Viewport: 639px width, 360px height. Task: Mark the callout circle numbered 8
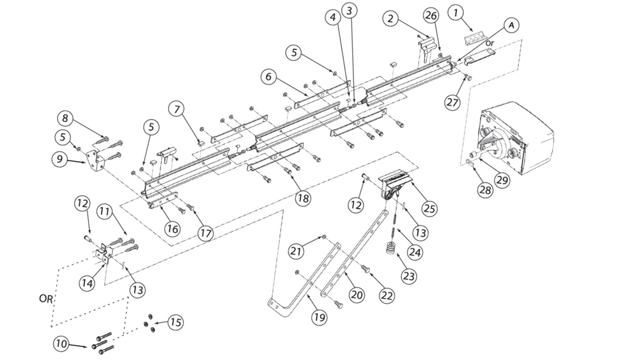(65, 118)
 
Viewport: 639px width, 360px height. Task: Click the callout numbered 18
(302, 198)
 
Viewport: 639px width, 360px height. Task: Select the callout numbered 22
(386, 295)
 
